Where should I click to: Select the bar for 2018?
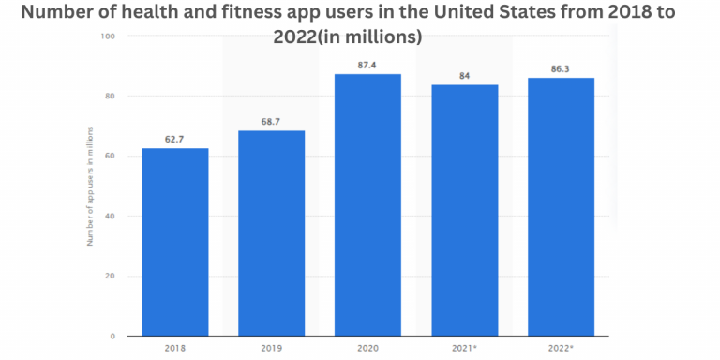click(175, 242)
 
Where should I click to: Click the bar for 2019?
click(271, 232)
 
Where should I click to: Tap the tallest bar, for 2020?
click(368, 204)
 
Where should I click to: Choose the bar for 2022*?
click(561, 206)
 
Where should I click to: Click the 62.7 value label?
click(175, 139)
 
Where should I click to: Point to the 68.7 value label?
click(271, 121)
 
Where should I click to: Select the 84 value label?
click(465, 75)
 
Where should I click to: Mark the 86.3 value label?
click(561, 68)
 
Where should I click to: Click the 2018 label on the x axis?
click(175, 348)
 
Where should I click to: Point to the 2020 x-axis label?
click(368, 348)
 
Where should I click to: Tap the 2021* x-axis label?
click(465, 348)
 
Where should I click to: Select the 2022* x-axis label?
click(561, 348)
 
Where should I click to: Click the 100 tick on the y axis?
click(109, 37)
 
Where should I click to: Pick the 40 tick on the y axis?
click(111, 216)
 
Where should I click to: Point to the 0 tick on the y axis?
click(112, 336)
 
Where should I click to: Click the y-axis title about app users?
click(90, 186)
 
